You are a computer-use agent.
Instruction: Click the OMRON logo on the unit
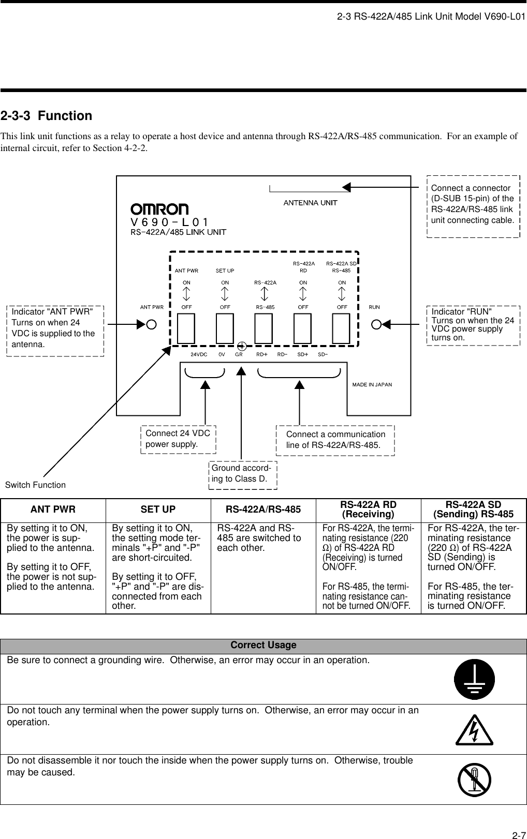pyautogui.click(x=159, y=209)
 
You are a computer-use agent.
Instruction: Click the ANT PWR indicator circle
pyautogui.click(x=151, y=324)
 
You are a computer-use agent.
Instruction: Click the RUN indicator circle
pyautogui.click(x=376, y=324)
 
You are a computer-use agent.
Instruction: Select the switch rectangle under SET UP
pyautogui.click(x=225, y=328)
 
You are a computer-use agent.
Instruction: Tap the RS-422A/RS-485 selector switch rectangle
pyautogui.click(x=263, y=328)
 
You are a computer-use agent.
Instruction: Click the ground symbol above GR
pyautogui.click(x=241, y=346)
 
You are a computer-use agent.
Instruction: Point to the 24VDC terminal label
pyautogui.click(x=199, y=355)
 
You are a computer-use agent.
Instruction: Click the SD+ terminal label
pyautogui.click(x=302, y=355)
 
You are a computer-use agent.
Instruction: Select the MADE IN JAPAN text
pyautogui.click(x=372, y=384)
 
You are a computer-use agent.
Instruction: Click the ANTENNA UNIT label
pyautogui.click(x=310, y=203)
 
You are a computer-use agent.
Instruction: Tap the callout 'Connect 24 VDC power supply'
pyautogui.click(x=178, y=439)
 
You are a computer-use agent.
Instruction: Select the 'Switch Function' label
pyautogui.click(x=35, y=485)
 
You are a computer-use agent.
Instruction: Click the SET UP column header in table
pyautogui.click(x=158, y=510)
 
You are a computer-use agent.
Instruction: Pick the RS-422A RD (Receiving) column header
pyautogui.click(x=368, y=510)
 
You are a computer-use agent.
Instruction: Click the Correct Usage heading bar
pyautogui.click(x=263, y=645)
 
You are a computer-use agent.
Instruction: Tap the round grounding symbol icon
pyautogui.click(x=474, y=678)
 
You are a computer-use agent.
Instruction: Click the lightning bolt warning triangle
pyautogui.click(x=474, y=730)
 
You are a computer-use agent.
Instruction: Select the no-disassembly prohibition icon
pyautogui.click(x=474, y=780)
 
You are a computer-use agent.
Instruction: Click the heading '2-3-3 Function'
pyautogui.click(x=46, y=116)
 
